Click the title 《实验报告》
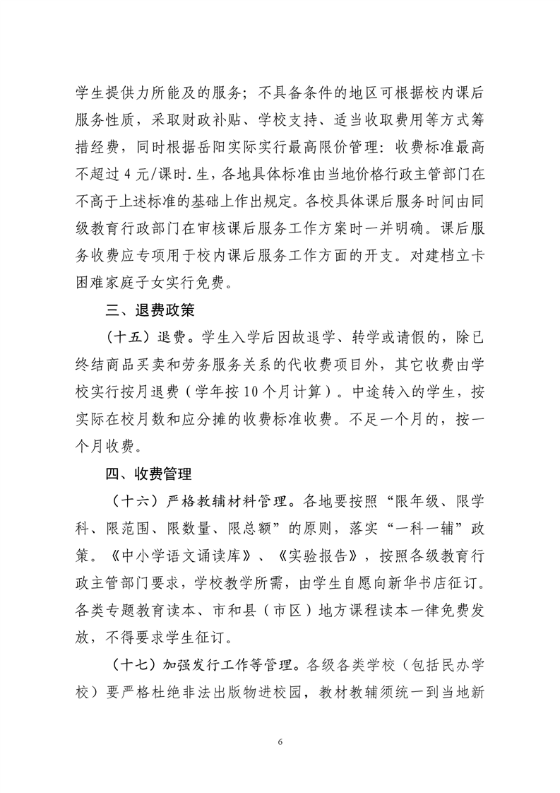[x=322, y=556]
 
